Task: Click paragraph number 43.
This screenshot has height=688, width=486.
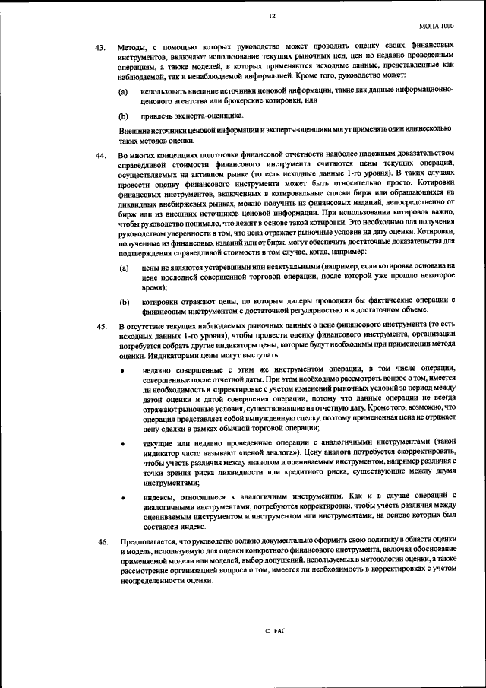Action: point(99,48)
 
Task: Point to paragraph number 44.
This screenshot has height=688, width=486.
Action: point(99,155)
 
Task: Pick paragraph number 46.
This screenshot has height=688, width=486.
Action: point(99,540)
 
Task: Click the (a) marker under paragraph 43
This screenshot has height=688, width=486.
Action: point(123,90)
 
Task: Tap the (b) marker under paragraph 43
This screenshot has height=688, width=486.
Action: point(123,116)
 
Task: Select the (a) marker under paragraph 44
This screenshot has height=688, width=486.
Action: point(123,268)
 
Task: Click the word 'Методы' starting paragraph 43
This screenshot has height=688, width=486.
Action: point(134,48)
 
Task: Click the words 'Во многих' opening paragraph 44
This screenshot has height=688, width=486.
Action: point(137,155)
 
